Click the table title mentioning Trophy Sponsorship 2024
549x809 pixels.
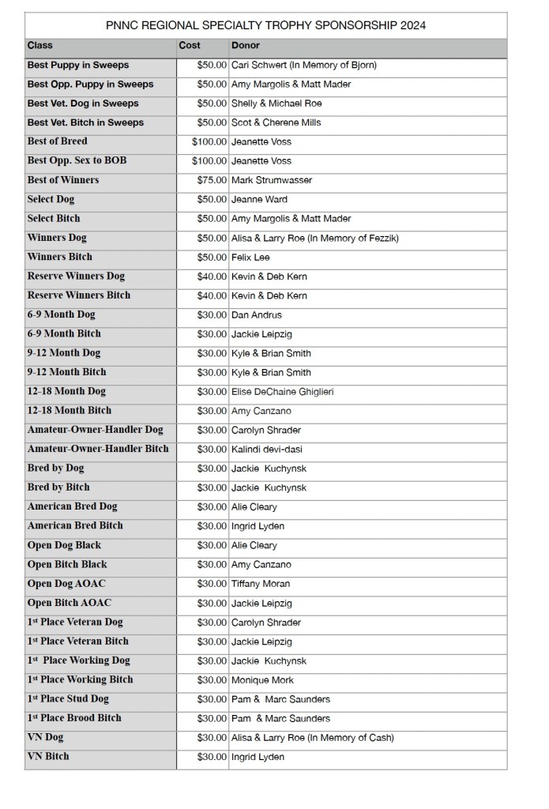[265, 25]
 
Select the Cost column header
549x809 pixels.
[190, 46]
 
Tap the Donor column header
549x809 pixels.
[246, 46]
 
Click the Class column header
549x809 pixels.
[40, 46]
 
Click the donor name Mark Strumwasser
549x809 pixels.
[272, 180]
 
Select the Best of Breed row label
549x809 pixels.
[57, 141]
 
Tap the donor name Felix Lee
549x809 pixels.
[252, 258]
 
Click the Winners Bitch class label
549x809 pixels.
[59, 257]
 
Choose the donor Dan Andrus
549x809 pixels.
[257, 315]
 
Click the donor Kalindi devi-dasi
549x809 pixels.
[266, 450]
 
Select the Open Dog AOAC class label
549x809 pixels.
[66, 584]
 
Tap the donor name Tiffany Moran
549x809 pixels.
[261, 584]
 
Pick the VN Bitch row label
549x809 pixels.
[48, 757]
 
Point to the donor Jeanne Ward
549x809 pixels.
[259, 199]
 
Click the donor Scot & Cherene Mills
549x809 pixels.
[276, 122]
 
